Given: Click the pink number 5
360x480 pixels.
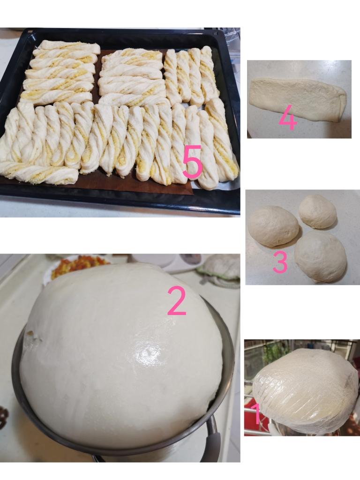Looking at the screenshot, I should pyautogui.click(x=192, y=162).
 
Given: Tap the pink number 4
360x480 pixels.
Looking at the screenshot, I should pyautogui.click(x=287, y=119).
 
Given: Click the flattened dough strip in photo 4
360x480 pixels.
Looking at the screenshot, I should pyautogui.click(x=298, y=98).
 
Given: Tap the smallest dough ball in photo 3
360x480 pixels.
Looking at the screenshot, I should pyautogui.click(x=317, y=211).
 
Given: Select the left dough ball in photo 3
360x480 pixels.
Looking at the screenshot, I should pyautogui.click(x=273, y=226).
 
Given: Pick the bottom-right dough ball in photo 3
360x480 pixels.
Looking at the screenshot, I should pyautogui.click(x=321, y=257).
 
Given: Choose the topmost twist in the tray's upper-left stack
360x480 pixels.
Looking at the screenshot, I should pyautogui.click(x=69, y=46).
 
